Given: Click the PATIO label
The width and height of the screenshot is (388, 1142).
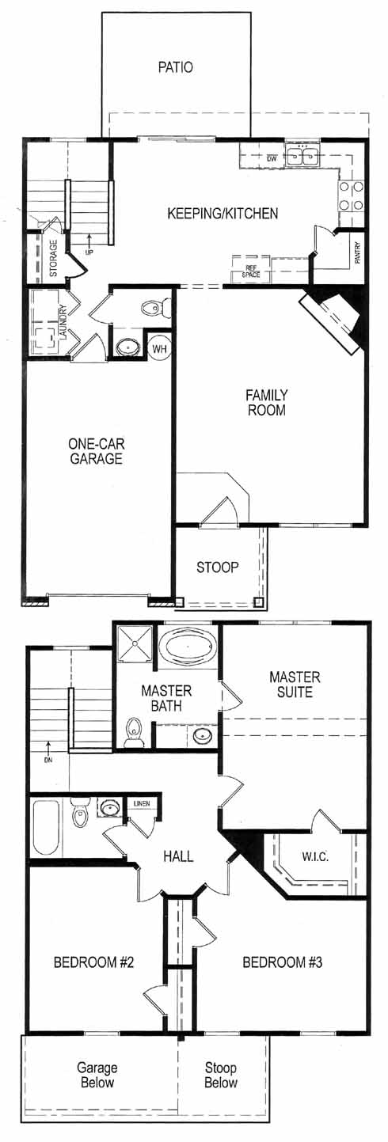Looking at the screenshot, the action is coord(175,67).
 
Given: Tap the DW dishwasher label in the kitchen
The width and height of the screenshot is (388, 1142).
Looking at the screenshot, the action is coord(272,158).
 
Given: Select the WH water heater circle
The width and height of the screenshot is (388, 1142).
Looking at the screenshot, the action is coord(160,349).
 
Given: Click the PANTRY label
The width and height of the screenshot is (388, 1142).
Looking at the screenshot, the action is coord(357,252).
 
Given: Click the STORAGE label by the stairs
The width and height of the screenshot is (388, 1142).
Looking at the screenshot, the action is coord(54,258).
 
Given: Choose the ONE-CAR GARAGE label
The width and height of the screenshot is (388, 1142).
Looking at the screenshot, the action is coord(96,450).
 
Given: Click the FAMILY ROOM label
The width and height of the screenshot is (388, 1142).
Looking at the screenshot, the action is coord(266,402).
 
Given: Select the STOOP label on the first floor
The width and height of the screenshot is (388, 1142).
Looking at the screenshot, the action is coord(218,567).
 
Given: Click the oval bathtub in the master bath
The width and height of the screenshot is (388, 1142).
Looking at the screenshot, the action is coord(188,647).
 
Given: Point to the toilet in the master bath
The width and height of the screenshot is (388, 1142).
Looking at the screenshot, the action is coord(135,733).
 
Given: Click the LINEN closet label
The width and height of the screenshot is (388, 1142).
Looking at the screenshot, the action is coord(142,804).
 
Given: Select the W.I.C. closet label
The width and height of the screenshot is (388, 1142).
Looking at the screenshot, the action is coord(314,856).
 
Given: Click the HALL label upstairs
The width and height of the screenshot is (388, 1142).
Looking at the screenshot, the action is coord(178,856).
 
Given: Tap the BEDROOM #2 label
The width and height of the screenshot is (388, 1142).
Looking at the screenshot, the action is coord(93,962).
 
